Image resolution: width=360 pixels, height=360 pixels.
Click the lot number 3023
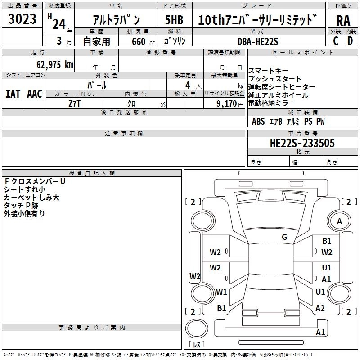[x=22, y=20]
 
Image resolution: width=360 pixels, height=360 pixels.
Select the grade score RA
[x=343, y=21]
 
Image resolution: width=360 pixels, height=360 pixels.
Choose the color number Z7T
[x=75, y=103]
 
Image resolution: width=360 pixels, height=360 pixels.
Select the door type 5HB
[x=174, y=21]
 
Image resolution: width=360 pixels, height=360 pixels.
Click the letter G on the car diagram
[x=284, y=237]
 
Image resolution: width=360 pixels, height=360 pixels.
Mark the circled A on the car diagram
[x=339, y=221]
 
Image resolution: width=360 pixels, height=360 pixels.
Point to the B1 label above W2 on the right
[x=327, y=242]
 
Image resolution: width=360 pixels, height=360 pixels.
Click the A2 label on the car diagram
[x=320, y=308]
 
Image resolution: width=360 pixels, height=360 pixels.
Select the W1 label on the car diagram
[x=221, y=292]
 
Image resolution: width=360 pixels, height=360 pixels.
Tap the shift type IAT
[x=13, y=94]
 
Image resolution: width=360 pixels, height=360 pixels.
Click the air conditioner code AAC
[x=34, y=94]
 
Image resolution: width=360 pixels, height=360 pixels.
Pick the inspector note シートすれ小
[x=25, y=189]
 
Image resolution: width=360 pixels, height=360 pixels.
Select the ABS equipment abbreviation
[x=258, y=121]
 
